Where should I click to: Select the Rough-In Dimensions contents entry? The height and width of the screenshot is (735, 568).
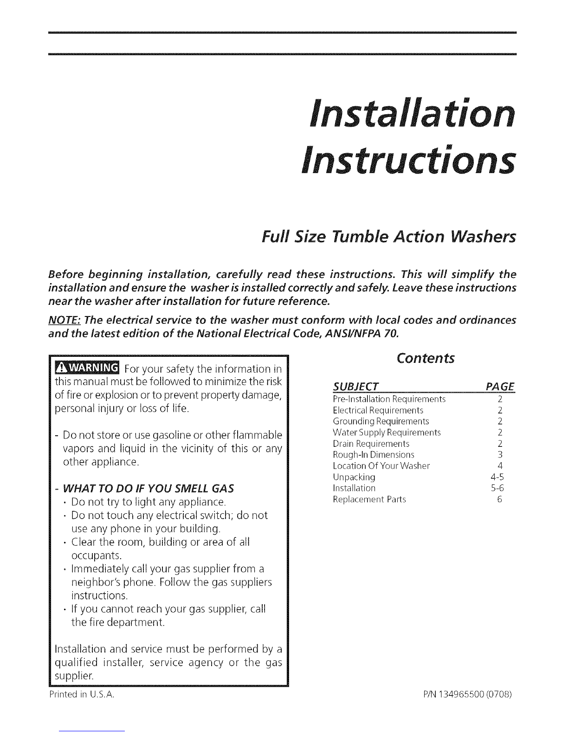coord(374,455)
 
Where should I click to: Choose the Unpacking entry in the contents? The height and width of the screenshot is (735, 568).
coord(354,477)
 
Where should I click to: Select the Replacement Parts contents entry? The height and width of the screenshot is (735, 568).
coord(369,499)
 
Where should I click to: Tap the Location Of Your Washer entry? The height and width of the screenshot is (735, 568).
coord(381,466)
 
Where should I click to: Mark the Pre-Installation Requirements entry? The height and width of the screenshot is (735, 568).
coord(389,399)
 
